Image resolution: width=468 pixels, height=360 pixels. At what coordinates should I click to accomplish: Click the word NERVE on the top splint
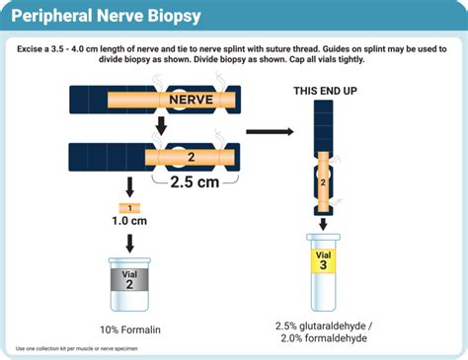point(191,100)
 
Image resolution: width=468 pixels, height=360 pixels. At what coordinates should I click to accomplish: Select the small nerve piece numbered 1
point(129,207)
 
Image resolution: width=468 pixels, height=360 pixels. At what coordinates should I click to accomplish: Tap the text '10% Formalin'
point(129,328)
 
